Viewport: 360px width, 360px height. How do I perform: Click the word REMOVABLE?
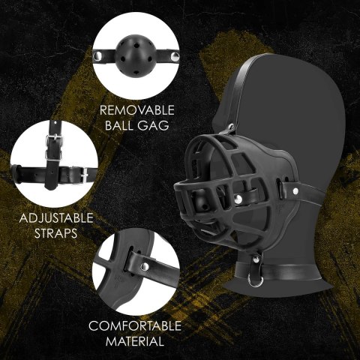click(134, 109)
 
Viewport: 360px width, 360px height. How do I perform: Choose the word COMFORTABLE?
click(135, 326)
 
